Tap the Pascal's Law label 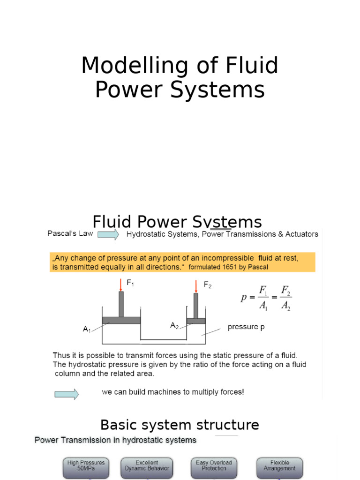tap(70, 233)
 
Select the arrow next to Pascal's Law tap(108, 234)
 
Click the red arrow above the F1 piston tap(120, 285)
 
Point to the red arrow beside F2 tap(195, 286)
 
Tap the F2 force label tap(207, 285)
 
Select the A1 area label tap(87, 330)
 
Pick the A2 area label tap(174, 325)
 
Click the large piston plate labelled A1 tap(121, 320)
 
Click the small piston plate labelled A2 tap(196, 321)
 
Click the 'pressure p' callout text tap(246, 327)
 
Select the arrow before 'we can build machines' tap(67, 394)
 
